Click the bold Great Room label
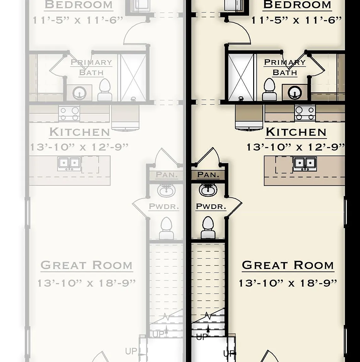pyautogui.click(x=288, y=265)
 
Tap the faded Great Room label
pyautogui.click(x=86, y=265)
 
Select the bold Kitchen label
pyautogui.click(x=296, y=132)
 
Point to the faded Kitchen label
pyautogui.click(x=79, y=132)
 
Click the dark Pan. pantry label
pyautogui.click(x=208, y=175)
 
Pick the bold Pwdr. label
pyautogui.click(x=211, y=206)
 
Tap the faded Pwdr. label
pyautogui.click(x=164, y=206)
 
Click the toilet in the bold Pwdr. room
pyautogui.click(x=208, y=227)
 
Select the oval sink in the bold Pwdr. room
pyautogui.click(x=208, y=190)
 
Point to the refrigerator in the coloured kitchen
pyautogui.click(x=249, y=118)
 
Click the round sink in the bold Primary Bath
pyautogui.click(x=295, y=93)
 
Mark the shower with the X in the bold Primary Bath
pyautogui.click(x=241, y=77)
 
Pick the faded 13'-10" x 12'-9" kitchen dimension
pyautogui.click(x=79, y=147)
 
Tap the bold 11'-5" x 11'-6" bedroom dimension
pyautogui.click(x=297, y=20)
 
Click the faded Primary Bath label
pyautogui.click(x=91, y=67)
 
